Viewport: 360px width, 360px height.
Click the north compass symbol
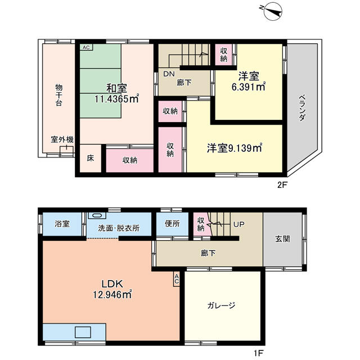[x=273, y=11]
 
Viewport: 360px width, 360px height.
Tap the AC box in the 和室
[x=86, y=47]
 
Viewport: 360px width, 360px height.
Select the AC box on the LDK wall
[x=176, y=279]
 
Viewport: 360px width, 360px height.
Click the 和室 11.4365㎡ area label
[x=117, y=93]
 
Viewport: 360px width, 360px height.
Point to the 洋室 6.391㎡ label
[x=249, y=81]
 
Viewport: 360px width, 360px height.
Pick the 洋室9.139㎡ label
[x=235, y=148]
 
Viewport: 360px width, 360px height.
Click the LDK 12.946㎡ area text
[x=112, y=289]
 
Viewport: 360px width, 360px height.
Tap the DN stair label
[x=169, y=74]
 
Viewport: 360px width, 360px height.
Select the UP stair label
[x=238, y=224]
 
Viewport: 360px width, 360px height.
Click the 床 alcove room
[x=91, y=158]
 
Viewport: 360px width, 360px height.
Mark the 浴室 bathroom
[x=62, y=224]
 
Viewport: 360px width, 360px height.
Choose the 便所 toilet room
[x=173, y=224]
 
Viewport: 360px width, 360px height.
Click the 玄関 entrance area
[x=282, y=239]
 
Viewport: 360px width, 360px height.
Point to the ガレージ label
[x=221, y=305]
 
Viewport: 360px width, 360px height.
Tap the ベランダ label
[x=302, y=107]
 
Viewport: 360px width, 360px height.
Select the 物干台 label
[x=58, y=95]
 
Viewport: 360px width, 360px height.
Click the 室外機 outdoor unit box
[x=67, y=150]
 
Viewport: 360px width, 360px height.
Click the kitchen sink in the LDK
[x=83, y=332]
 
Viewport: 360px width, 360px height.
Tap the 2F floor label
[x=282, y=185]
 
